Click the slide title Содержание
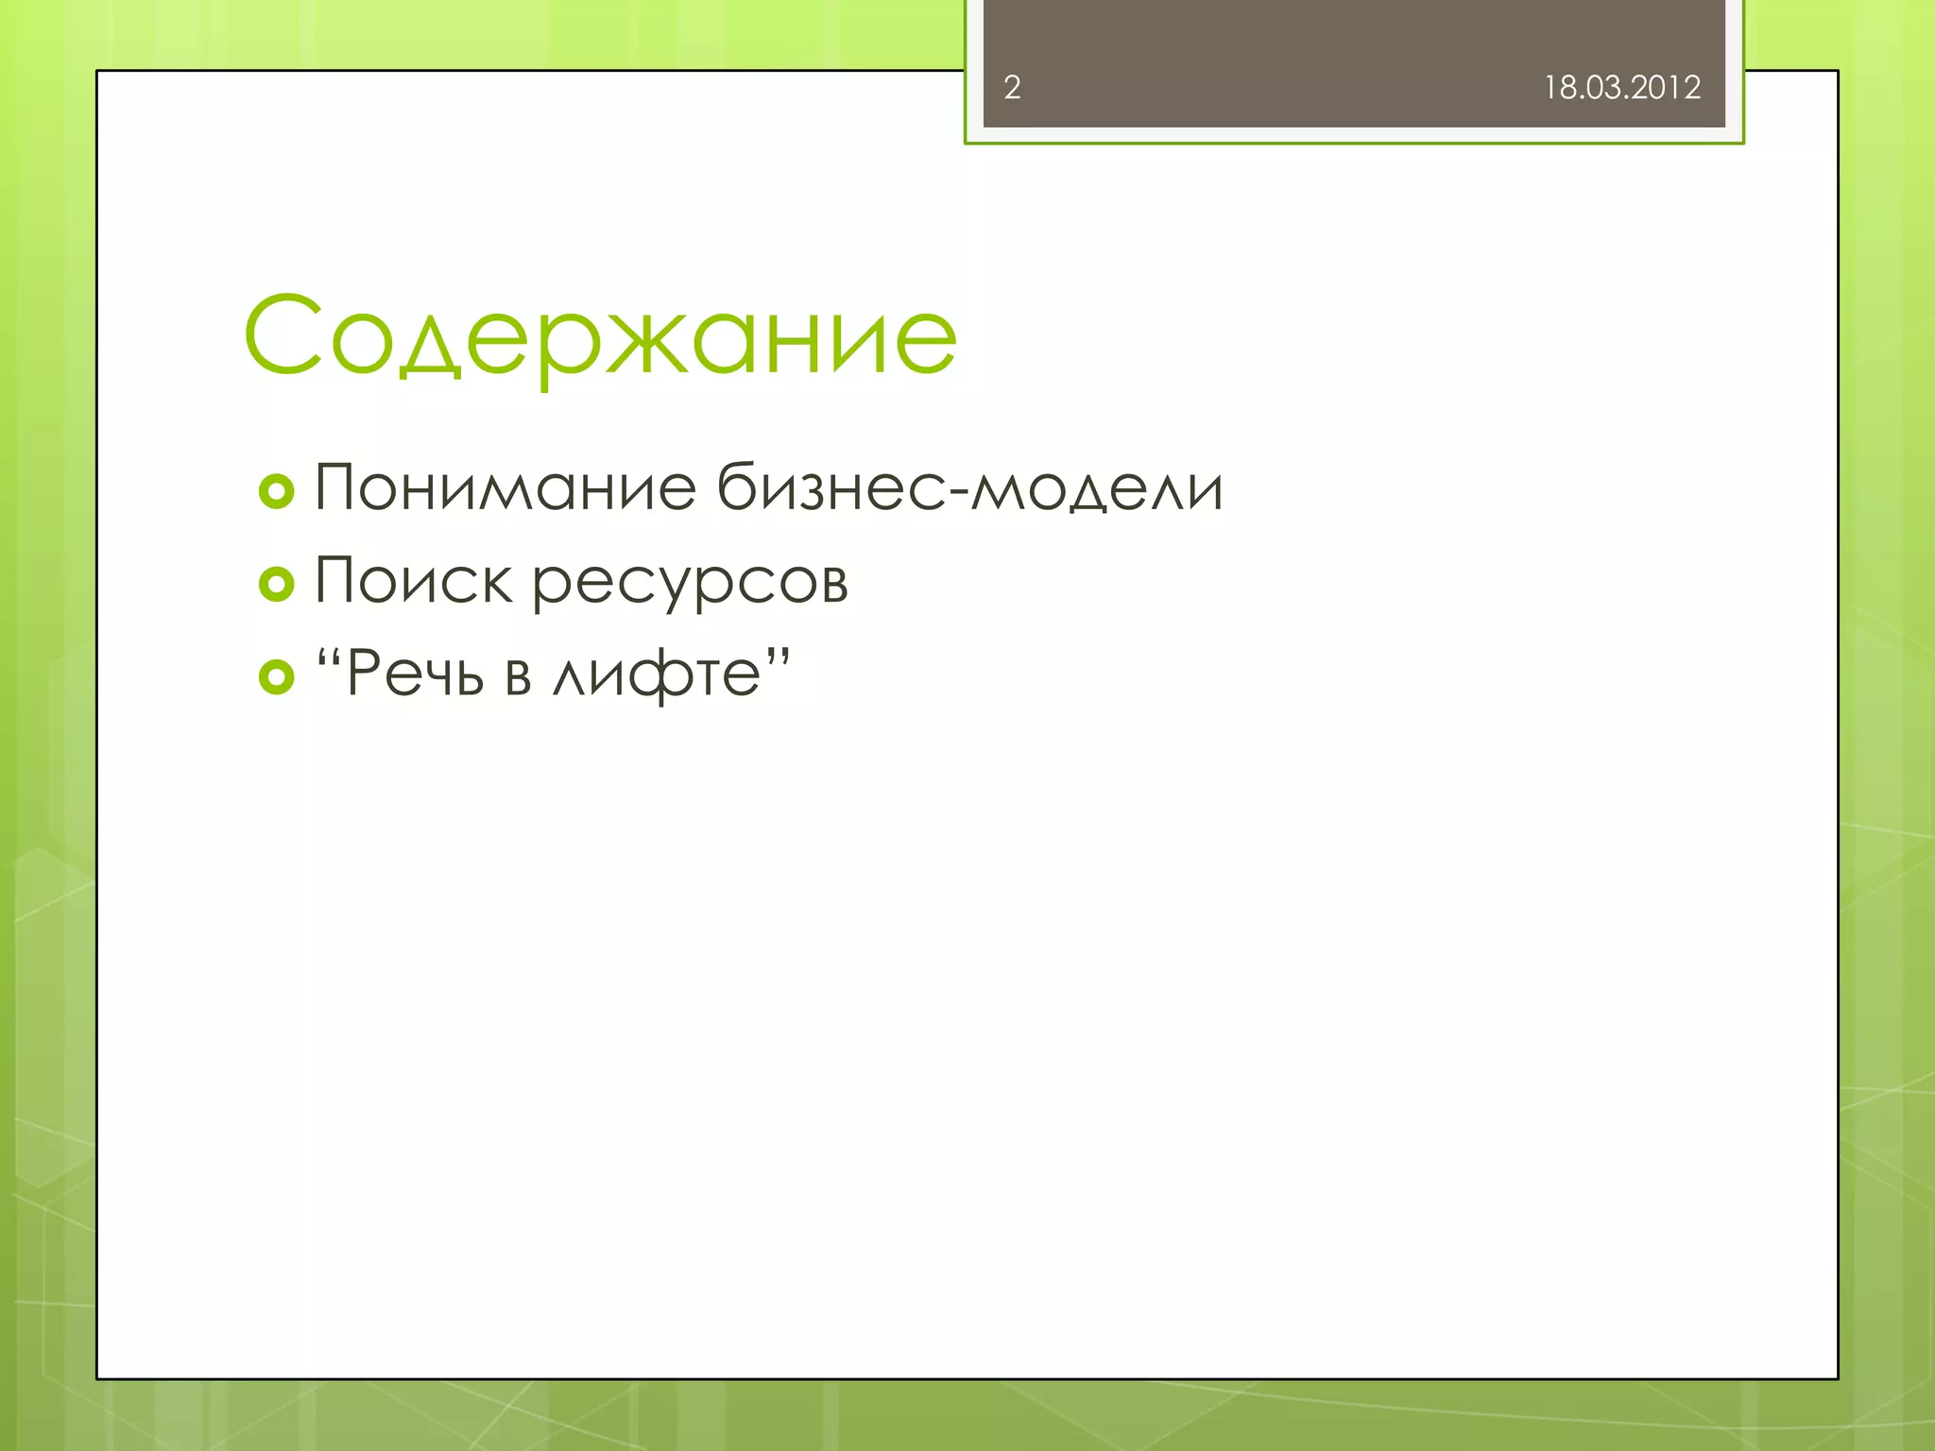601,336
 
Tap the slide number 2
1012,88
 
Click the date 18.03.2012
1621,88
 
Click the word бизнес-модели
969,488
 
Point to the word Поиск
413,580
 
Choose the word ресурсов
690,582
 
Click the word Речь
415,674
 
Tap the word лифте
657,674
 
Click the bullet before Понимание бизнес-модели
277,491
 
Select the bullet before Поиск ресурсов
277,584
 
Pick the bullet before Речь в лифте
277,676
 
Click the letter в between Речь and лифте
518,678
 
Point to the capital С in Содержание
283,334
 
